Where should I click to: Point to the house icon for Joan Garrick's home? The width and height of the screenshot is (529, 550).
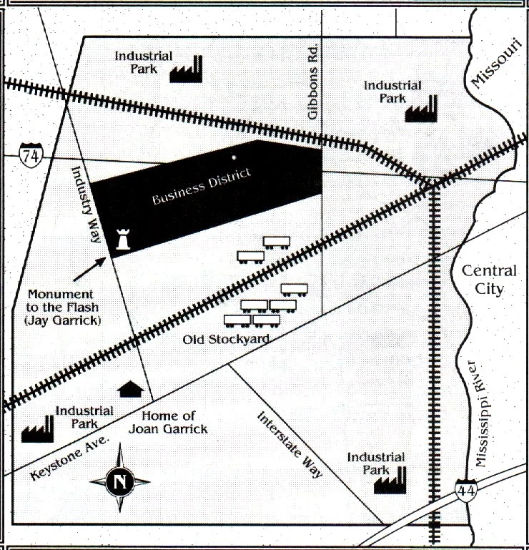coord(130,389)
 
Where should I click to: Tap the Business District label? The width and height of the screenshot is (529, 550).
coord(202,187)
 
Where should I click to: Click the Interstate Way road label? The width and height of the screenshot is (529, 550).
coord(290,445)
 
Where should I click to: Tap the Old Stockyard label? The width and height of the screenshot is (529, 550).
coord(226,338)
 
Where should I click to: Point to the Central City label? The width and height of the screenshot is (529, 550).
coord(489,280)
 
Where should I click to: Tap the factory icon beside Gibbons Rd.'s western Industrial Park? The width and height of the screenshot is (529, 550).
coord(186,70)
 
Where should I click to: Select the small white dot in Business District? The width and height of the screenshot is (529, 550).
coord(234,157)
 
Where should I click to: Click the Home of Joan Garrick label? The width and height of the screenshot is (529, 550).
coord(168,422)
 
